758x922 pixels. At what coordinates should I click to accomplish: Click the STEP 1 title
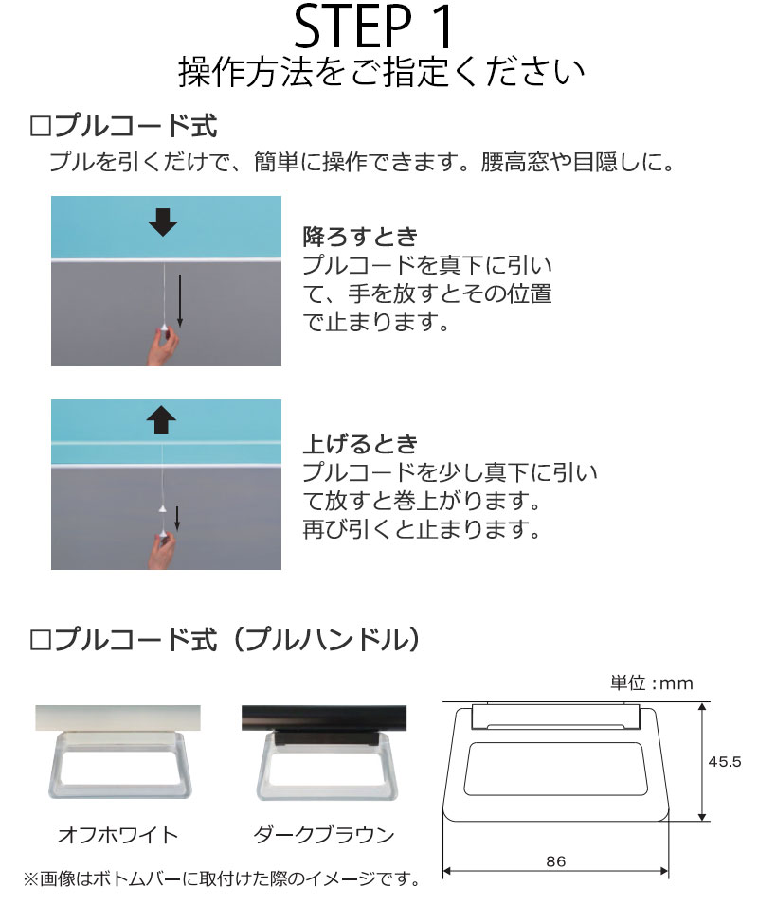[377, 28]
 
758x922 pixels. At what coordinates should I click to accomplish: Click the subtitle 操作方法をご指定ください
[379, 73]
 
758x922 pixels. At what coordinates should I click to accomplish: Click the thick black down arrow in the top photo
[163, 223]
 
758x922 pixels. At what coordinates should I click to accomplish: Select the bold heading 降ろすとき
[360, 236]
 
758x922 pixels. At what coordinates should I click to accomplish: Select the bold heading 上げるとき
[360, 443]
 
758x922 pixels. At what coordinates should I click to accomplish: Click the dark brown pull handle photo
[323, 757]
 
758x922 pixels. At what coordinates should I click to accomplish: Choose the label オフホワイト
[117, 835]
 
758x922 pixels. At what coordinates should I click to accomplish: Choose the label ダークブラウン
[323, 835]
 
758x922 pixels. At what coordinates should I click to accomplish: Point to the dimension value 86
[556, 861]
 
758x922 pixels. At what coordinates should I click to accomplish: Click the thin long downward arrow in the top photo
[180, 296]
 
